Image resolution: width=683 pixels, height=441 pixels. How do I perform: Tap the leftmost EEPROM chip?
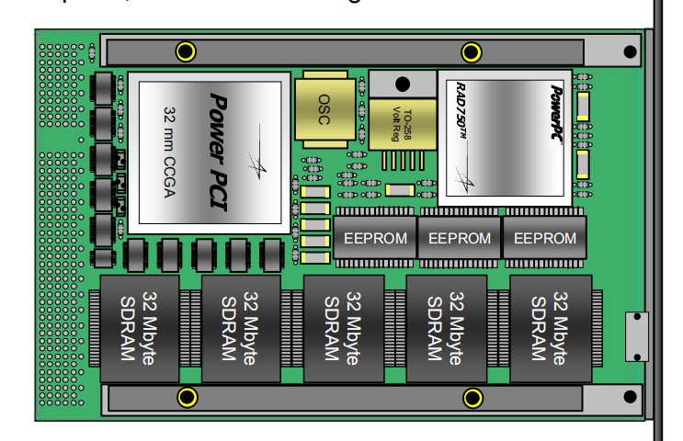coord(373,238)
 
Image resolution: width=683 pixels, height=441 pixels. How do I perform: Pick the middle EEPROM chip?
coord(459,238)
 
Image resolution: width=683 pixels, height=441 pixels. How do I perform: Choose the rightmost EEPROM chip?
coord(544,238)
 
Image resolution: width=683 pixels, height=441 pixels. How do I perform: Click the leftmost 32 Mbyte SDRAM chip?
coord(138,328)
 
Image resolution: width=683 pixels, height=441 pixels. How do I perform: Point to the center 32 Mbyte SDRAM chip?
coord(344,328)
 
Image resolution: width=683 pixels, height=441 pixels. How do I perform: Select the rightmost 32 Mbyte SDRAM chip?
coord(550,328)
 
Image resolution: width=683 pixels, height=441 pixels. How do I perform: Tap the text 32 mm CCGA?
coord(168,147)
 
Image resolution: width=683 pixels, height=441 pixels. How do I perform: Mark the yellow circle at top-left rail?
coord(186,51)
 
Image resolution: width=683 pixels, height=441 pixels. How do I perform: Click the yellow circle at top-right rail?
coord(472,51)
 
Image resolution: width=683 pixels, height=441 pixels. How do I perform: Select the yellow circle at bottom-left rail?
coord(187,397)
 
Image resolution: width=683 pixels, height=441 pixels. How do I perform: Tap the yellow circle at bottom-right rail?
coord(472,397)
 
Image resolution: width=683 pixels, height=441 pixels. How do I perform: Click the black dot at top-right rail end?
coord(630,51)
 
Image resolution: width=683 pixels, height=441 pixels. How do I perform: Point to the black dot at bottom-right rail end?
coord(630,397)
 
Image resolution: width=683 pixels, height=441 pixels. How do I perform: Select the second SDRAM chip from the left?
coord(241,328)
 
